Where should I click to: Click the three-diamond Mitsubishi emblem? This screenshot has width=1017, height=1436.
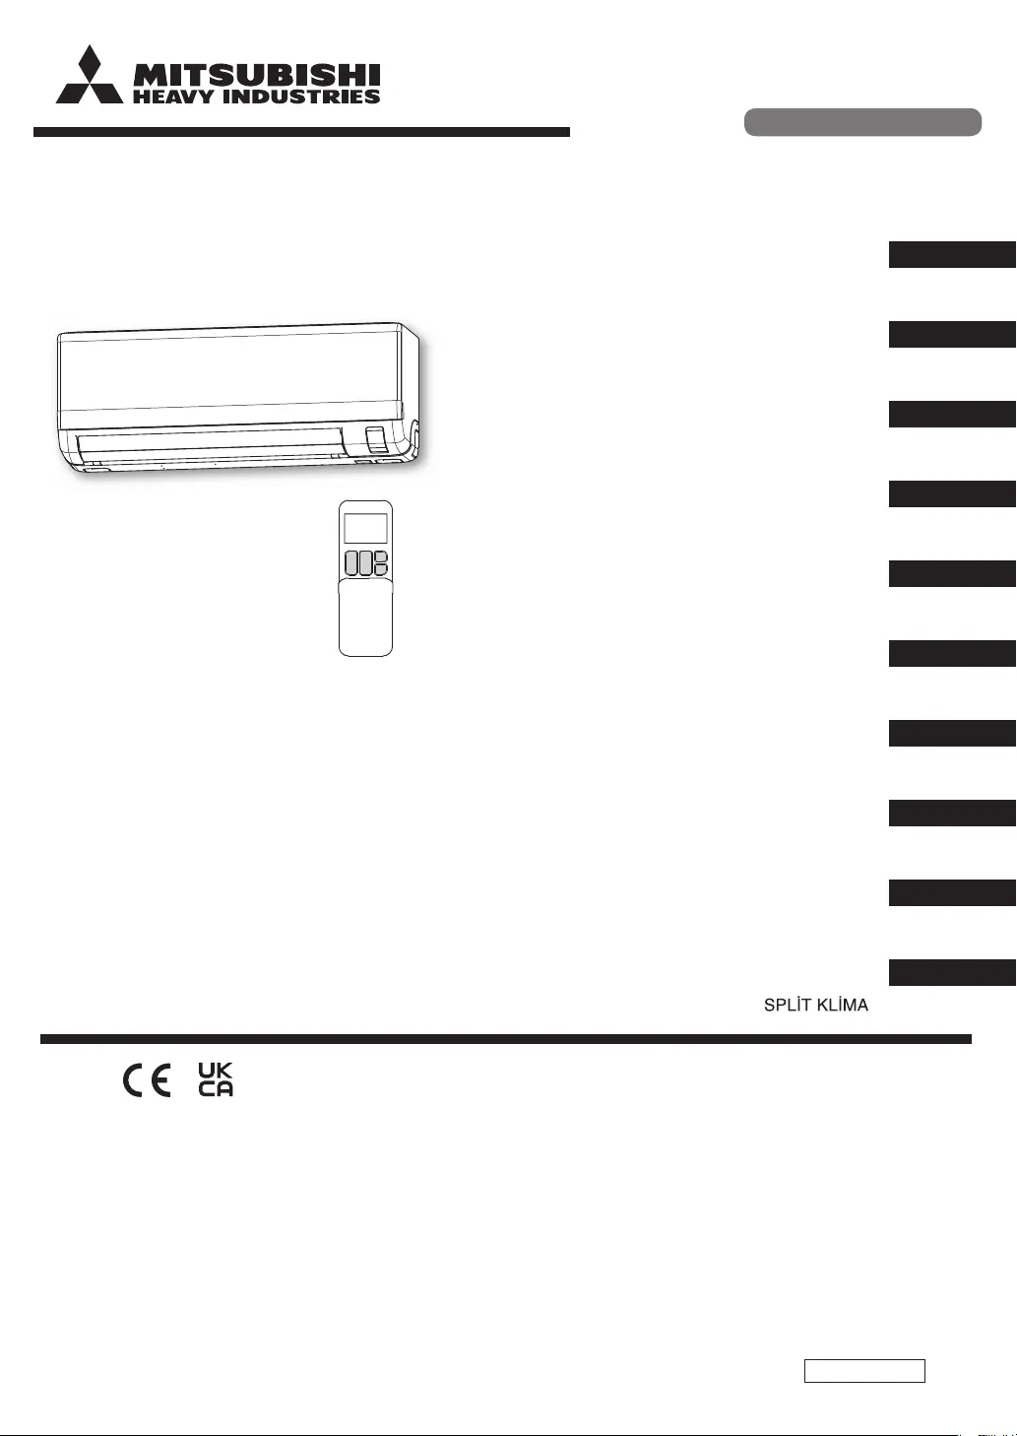pyautogui.click(x=90, y=76)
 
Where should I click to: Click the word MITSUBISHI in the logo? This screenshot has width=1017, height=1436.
pyautogui.click(x=256, y=75)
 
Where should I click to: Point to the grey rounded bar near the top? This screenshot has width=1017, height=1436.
pyautogui.click(x=862, y=122)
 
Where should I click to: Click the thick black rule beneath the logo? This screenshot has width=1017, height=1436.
pyautogui.click(x=301, y=132)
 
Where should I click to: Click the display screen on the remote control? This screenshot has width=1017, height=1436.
pyautogui.click(x=365, y=528)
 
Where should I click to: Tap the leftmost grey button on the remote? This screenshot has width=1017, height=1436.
pyautogui.click(x=351, y=563)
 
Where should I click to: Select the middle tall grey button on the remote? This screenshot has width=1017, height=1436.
pyautogui.click(x=365, y=563)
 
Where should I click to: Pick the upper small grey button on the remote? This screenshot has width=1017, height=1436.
pyautogui.click(x=381, y=556)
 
